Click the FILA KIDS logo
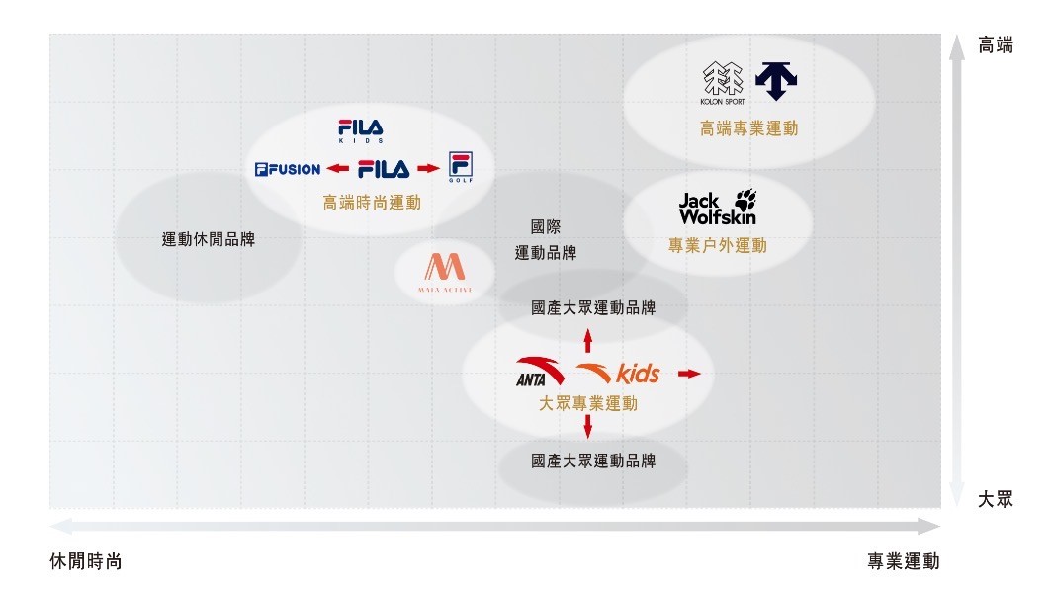click(360, 131)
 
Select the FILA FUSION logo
click(288, 169)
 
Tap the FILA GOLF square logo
click(460, 168)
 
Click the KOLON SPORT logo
click(721, 82)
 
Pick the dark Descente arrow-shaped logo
click(776, 80)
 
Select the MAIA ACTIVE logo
click(444, 272)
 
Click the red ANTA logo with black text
click(541, 371)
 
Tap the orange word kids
click(638, 374)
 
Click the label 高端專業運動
click(748, 127)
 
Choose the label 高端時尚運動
click(372, 202)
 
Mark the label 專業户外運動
click(717, 244)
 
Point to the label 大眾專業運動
click(588, 403)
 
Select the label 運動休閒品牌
click(209, 238)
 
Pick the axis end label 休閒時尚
click(86, 561)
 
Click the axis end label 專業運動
click(904, 561)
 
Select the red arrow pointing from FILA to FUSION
click(338, 169)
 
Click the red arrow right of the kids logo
click(689, 374)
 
